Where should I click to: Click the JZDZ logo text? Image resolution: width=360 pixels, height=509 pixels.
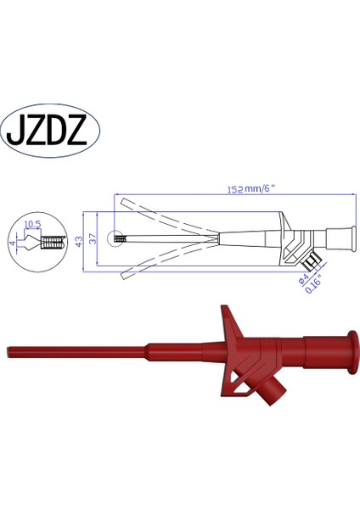[54, 133]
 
